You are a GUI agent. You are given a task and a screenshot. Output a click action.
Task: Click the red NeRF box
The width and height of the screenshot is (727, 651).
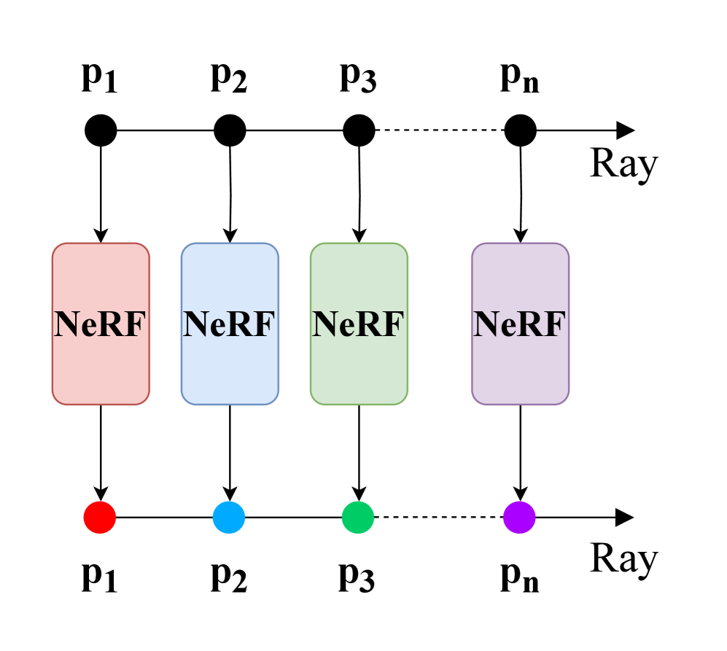coord(101,324)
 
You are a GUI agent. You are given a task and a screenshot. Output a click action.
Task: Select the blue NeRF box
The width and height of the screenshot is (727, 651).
coord(230,324)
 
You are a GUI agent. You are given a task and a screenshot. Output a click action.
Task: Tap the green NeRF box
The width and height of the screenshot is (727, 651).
coord(359,324)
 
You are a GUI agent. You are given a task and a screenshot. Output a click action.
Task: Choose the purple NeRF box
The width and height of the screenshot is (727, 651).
coord(520,324)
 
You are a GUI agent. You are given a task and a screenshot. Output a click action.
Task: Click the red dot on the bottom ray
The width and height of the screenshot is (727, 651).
coord(101,518)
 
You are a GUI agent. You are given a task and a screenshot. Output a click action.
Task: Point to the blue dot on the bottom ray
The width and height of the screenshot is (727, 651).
coord(229,518)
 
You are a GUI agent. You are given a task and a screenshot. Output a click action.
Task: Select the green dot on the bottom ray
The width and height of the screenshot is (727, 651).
coord(358,518)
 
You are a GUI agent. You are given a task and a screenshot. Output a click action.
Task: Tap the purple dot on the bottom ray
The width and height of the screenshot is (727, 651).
coord(519,518)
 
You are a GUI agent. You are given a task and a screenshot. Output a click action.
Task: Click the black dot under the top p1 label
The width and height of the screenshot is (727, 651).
coord(101,131)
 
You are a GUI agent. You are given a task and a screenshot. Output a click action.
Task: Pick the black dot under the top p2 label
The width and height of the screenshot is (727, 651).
coord(230,131)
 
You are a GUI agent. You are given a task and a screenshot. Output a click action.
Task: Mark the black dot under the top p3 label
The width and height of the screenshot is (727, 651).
coord(359,131)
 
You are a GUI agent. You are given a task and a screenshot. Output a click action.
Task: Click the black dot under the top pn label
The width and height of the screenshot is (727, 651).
coord(520,131)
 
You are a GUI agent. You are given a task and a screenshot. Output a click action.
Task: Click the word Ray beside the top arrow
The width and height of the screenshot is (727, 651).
coord(623,164)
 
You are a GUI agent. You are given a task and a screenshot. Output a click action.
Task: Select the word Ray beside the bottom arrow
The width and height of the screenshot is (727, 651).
coord(623,559)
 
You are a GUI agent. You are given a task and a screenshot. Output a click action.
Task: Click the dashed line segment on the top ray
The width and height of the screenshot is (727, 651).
coord(439,131)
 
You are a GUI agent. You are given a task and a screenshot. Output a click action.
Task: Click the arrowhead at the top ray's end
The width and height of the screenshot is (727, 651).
coord(625,131)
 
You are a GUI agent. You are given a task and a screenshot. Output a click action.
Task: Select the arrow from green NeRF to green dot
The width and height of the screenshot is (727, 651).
coord(359,452)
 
